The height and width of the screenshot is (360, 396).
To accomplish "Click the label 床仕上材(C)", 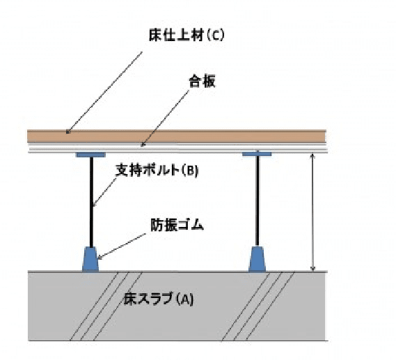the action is tap(187, 35).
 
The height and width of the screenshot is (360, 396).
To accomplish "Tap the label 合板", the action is tap(202, 81).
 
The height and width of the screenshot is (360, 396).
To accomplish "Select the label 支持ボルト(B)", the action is tap(157, 171).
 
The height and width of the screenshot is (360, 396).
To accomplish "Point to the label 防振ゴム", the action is tap(177, 225).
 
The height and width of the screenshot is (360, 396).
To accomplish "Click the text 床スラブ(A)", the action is tap(159, 299).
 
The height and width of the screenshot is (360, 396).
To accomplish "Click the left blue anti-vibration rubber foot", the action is tap(90, 260).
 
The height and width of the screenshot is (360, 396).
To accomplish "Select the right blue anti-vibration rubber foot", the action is tap(257, 259).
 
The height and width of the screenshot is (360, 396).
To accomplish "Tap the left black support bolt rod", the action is tap(91, 202).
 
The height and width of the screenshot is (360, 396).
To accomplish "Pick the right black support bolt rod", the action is tap(258, 201).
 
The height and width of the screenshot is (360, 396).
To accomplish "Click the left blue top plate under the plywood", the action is tap(90, 155).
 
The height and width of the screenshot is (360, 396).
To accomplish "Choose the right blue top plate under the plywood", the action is tap(257, 154).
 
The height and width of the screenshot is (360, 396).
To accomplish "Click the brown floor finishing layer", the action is tap(177, 136).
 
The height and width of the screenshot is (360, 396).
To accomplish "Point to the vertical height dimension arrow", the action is tap(312, 212).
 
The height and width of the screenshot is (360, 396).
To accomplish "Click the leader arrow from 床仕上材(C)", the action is tap(104, 93).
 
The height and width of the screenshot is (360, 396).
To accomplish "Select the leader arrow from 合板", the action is tap(165, 118).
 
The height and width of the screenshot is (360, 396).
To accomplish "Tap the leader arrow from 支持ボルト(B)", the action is tap(104, 192).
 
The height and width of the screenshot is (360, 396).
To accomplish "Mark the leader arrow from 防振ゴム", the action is tap(121, 246).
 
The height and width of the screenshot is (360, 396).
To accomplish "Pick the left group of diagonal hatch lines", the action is tap(106, 306).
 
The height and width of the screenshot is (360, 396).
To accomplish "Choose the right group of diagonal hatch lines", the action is tap(258, 306).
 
